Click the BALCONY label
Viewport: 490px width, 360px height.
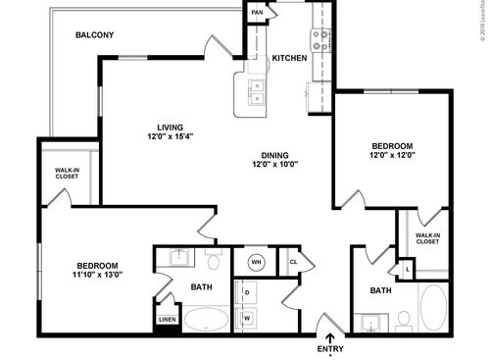pos(95,35)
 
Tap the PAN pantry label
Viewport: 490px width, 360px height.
pos(257,13)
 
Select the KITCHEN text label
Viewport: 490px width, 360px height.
pos(289,58)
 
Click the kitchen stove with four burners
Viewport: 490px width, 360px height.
pos(321,40)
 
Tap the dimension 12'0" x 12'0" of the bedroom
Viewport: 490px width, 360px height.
pos(391,156)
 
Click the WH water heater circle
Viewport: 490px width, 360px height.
pos(256,262)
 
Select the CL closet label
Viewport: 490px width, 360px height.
pos(293,262)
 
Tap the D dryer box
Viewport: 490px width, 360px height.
pos(247,292)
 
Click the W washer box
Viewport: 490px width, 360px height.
pos(247,317)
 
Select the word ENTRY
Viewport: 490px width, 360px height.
pos(330,348)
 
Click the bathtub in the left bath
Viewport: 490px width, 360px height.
pos(207,320)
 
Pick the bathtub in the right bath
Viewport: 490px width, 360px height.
pos(433,305)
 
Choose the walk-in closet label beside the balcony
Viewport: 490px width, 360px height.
pos(68,176)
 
